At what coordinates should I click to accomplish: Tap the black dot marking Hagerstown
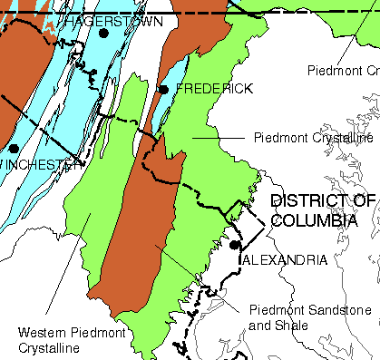[103, 33]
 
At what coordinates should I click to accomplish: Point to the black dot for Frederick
[163, 89]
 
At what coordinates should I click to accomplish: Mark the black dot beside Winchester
[14, 148]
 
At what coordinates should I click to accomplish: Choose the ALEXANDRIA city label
[286, 260]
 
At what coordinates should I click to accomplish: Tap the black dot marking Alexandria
[234, 245]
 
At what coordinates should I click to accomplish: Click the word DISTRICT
[309, 201]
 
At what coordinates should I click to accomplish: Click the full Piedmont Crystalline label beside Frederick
[314, 138]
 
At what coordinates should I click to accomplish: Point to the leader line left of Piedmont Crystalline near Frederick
[218, 138]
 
